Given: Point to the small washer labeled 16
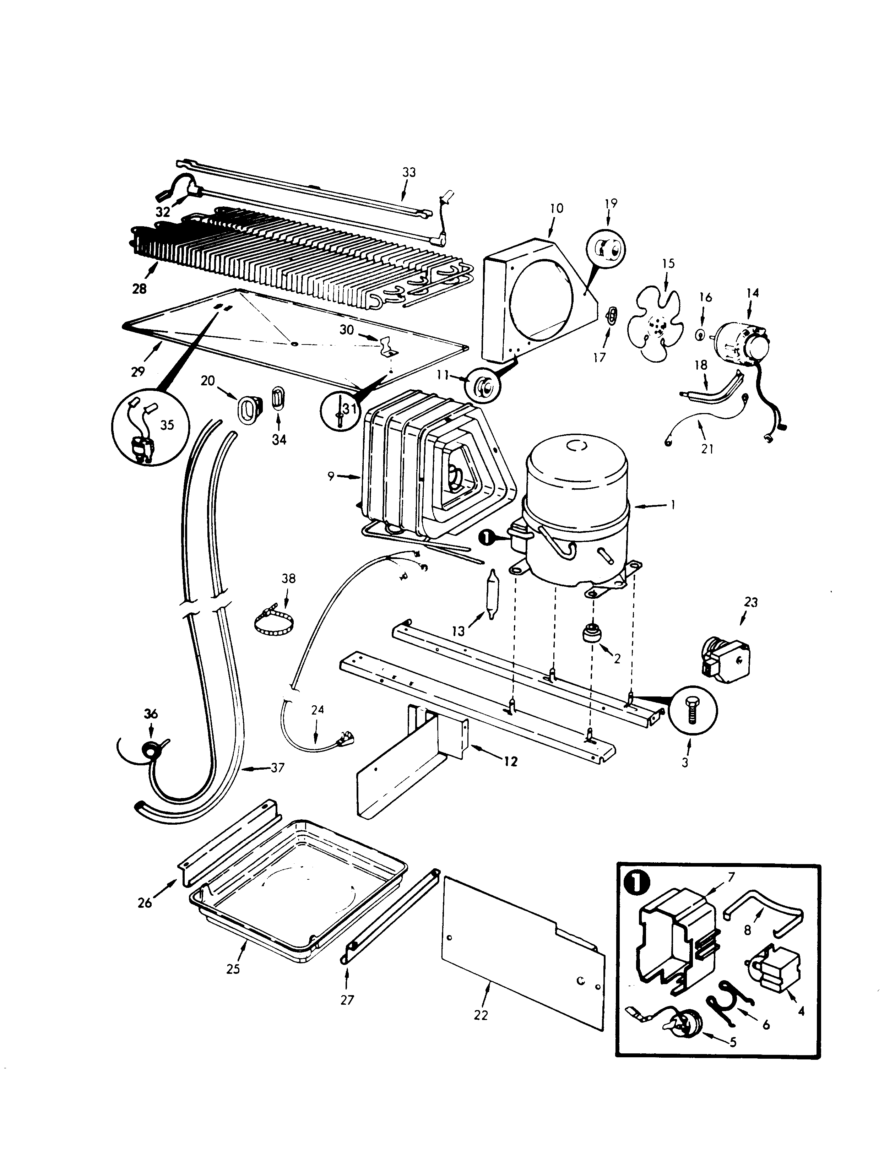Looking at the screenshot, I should pos(701,335).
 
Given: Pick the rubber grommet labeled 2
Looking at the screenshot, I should pos(590,634).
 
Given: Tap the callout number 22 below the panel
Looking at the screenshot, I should pos(481,1015).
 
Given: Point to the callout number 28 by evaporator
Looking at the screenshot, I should pos(140,289).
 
